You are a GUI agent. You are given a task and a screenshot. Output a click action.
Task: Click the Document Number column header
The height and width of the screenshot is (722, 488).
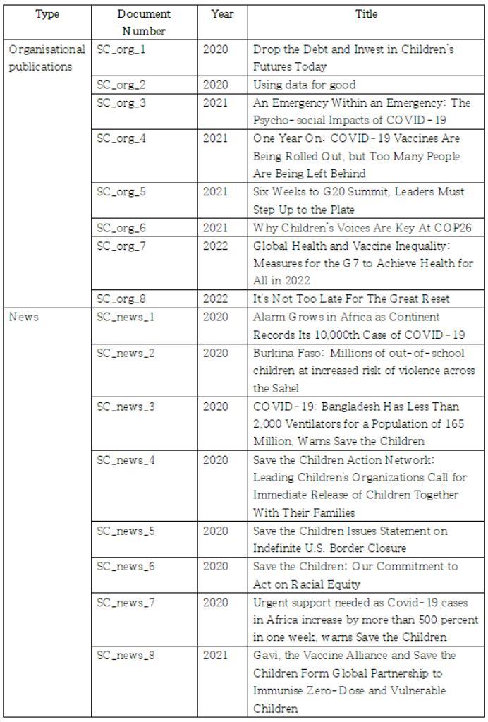[x=144, y=23]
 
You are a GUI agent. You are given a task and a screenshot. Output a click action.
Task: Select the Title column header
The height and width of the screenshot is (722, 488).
[x=366, y=14]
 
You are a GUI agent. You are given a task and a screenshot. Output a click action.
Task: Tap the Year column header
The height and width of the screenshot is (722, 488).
[x=222, y=14]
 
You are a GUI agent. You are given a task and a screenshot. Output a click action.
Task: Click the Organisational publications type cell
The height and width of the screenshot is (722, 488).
[x=47, y=59]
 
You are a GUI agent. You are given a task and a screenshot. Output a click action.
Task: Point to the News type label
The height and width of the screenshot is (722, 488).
[x=24, y=317]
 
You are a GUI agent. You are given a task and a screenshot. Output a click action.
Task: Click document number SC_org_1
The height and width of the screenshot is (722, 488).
[x=121, y=50]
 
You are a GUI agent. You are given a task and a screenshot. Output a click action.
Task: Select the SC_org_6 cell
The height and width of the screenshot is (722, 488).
[x=121, y=227]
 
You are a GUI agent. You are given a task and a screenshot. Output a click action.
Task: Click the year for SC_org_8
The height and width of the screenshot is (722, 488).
[x=215, y=299]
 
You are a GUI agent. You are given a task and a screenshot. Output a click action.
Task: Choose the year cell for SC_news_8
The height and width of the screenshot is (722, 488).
[x=215, y=656]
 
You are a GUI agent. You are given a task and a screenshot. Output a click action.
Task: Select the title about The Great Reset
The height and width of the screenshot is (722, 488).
[x=351, y=299]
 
